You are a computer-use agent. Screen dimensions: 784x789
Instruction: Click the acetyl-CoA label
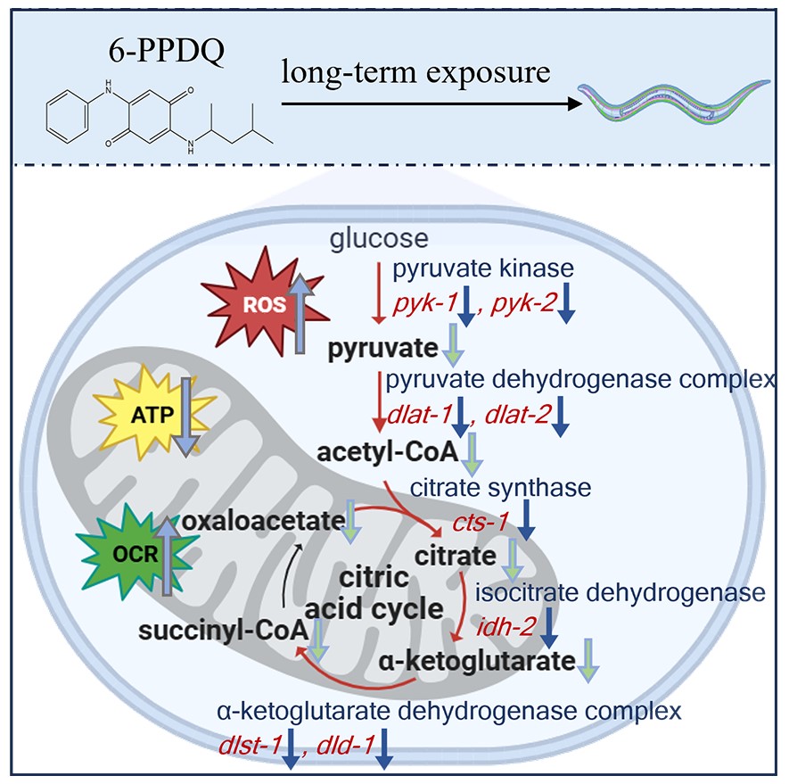point(389,453)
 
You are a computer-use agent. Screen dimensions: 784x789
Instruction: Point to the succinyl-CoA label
point(223,632)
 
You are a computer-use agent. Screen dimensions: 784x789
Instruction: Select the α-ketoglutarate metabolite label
point(475,663)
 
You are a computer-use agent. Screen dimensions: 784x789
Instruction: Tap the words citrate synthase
point(500,488)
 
